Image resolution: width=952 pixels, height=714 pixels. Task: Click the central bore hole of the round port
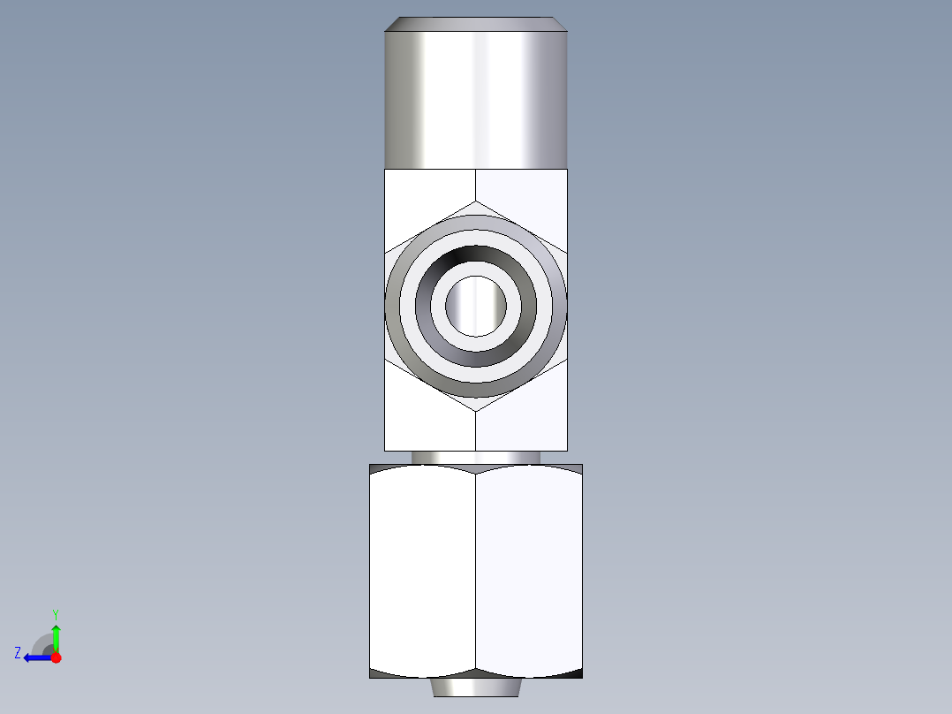point(476,306)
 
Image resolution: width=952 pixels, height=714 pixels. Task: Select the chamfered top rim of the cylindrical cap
point(476,23)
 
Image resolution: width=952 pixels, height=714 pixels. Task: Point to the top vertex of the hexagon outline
point(476,201)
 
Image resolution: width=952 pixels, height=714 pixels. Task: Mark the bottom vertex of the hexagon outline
point(476,411)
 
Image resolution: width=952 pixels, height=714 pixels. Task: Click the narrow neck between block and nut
point(476,457)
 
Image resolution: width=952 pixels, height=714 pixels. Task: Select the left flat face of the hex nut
point(422,570)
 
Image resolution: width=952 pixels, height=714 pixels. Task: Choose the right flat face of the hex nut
point(530,570)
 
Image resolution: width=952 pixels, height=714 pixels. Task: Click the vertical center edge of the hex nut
point(476,570)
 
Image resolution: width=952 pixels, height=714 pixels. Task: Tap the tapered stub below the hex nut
point(476,687)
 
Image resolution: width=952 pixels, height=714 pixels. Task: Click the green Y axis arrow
point(56,635)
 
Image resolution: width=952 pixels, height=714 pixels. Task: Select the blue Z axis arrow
point(34,657)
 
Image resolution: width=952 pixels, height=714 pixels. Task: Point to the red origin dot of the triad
point(56,657)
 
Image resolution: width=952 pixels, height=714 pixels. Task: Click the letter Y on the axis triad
point(56,613)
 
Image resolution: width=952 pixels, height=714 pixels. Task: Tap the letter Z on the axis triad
point(18,653)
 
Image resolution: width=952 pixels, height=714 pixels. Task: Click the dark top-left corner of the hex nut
point(374,468)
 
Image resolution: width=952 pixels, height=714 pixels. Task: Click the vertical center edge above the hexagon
point(476,185)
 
